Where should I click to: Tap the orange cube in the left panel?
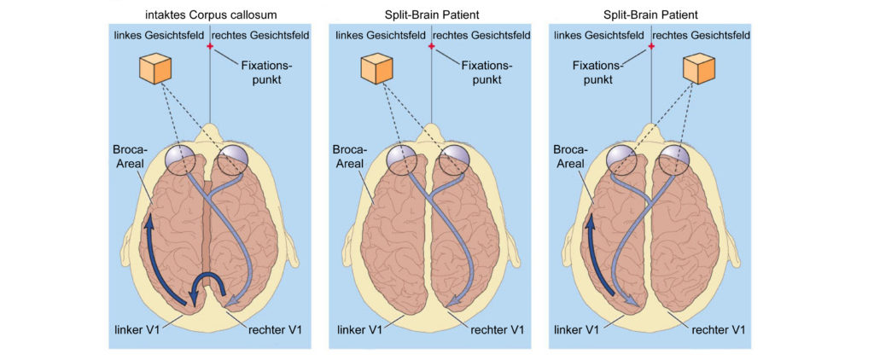(155, 68)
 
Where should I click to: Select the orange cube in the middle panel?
(376, 68)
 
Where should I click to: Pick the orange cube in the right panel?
(699, 68)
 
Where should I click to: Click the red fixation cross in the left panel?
(210, 46)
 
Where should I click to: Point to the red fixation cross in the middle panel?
(431, 46)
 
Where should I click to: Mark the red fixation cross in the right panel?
(650, 46)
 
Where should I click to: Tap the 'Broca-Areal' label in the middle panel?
(348, 157)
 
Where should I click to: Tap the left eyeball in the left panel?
(180, 158)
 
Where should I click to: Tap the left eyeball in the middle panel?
(401, 158)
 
